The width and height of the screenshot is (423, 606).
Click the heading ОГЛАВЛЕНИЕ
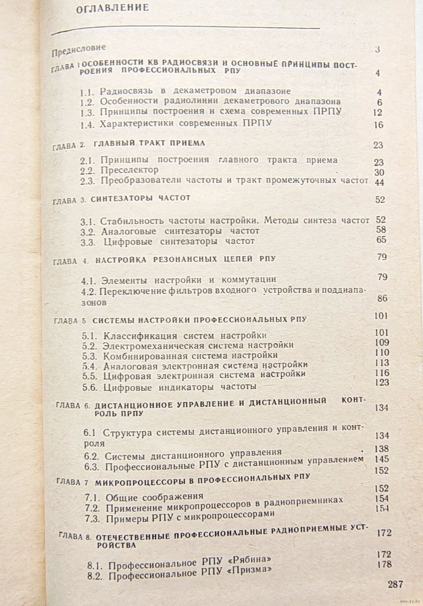(x=112, y=8)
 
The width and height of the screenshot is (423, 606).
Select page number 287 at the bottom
(x=395, y=584)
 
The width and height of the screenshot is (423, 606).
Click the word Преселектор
(x=129, y=170)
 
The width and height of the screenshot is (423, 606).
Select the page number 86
(x=382, y=299)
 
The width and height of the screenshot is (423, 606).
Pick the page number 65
(x=381, y=240)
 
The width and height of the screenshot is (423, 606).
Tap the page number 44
(x=379, y=182)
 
